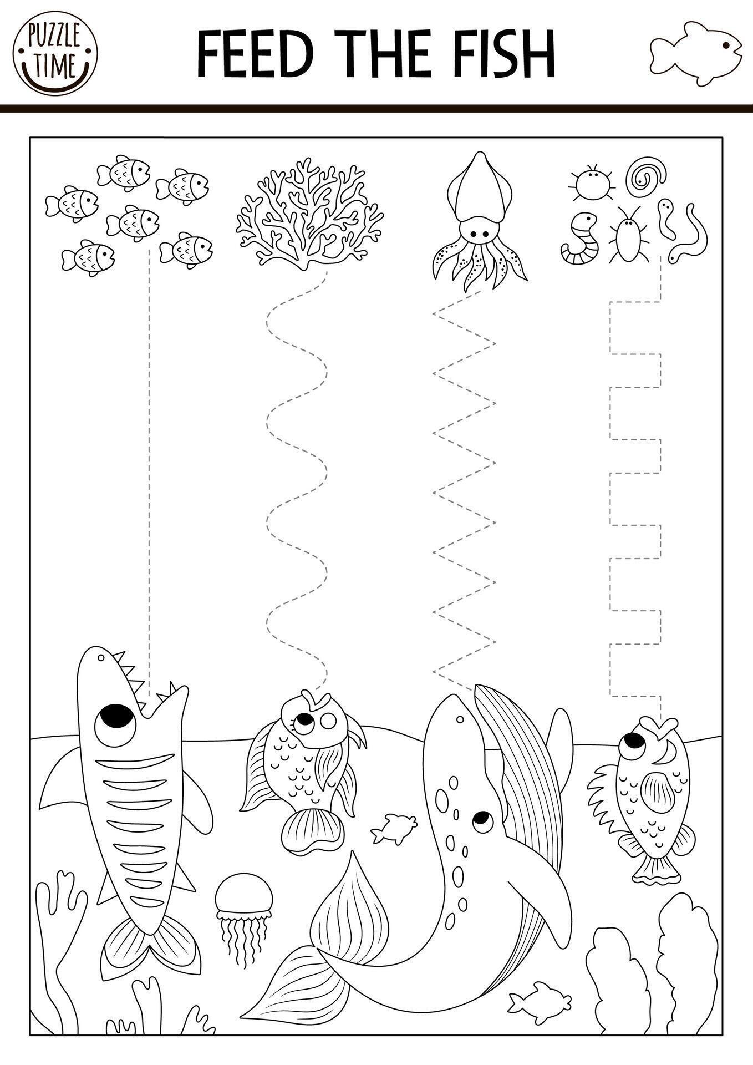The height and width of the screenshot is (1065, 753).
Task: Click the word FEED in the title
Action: click(255, 54)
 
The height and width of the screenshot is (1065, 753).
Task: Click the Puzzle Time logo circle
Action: click(55, 55)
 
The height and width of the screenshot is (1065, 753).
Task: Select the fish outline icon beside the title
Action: click(695, 54)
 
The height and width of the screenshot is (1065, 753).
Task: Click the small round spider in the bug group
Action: click(590, 182)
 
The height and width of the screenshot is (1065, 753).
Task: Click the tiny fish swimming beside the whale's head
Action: click(394, 829)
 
